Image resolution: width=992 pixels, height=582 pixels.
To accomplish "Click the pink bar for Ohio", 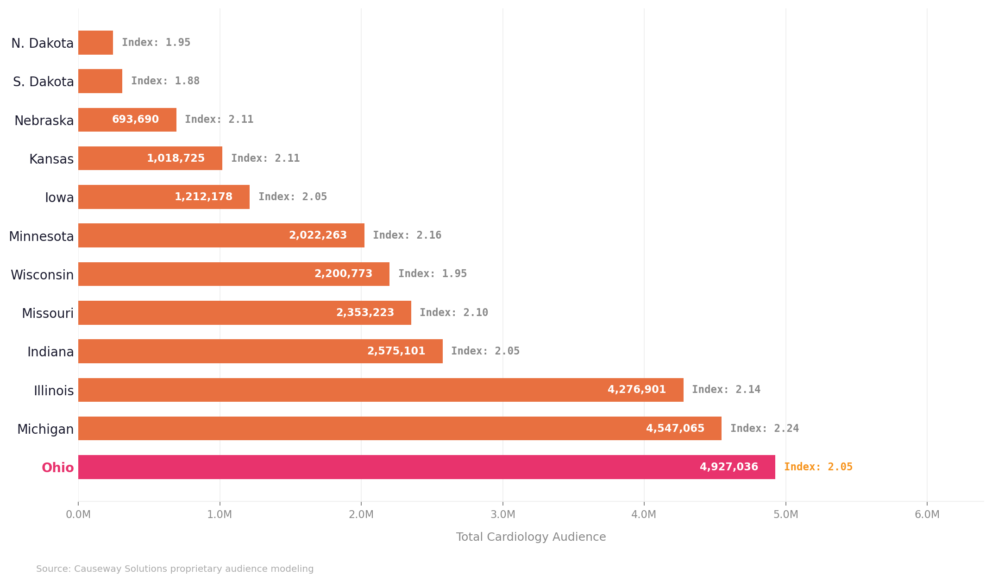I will pos(426,467).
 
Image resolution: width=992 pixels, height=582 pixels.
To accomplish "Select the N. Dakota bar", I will pos(95,43).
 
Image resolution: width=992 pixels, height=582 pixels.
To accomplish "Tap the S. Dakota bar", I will pos(100,81).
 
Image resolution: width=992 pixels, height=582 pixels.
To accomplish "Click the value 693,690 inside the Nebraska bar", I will pos(135,120).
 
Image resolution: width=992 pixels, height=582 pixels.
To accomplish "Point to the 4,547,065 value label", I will pos(675,429).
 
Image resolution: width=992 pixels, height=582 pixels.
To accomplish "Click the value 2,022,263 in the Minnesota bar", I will pos(318,235).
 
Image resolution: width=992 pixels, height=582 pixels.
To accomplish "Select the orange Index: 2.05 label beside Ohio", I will pos(818,467).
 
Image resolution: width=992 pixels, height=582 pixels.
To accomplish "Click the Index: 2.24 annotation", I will pos(764,429).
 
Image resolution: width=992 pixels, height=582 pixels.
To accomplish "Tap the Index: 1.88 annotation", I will pos(165,81).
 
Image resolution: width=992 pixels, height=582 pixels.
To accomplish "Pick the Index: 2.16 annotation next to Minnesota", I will pos(407,235).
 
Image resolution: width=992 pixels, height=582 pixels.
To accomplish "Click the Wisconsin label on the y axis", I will pos(42,275).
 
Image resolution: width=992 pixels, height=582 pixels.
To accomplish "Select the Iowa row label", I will pos(59,198).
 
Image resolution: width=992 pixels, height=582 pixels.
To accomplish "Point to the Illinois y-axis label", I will pos(54,391).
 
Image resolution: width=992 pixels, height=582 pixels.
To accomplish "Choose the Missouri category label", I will pos(48,314).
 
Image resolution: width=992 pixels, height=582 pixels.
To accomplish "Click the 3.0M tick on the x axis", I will pos(502,515).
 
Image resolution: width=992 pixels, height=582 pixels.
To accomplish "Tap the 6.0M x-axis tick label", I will pos(927,515).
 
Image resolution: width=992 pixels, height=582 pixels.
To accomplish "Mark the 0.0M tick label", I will pos(78,515).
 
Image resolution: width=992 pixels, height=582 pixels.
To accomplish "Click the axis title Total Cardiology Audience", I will pos(531,537).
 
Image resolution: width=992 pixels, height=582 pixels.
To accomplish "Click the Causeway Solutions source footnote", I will pos(175,569).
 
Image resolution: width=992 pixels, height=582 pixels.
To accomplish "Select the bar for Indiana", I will pos(260,351).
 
